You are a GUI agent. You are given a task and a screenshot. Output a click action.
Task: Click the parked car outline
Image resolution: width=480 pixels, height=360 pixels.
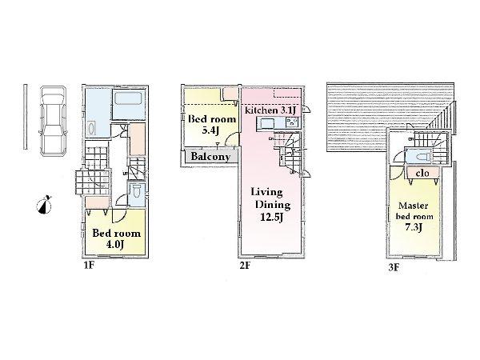(x=51, y=121)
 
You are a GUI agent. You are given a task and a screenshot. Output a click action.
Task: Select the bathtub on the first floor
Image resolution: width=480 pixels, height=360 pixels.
(x=130, y=104)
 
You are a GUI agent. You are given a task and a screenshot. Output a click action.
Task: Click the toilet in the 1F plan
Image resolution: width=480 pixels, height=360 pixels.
(x=138, y=192)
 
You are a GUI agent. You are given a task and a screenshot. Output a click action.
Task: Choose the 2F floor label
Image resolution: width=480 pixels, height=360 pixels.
(x=244, y=266)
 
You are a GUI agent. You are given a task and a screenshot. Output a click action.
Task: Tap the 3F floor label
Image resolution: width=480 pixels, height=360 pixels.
(x=394, y=266)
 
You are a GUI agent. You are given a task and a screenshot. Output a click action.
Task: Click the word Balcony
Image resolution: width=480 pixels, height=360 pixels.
(x=211, y=157)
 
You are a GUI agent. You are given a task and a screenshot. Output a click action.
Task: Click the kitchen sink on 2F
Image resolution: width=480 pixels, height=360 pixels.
(x=267, y=124)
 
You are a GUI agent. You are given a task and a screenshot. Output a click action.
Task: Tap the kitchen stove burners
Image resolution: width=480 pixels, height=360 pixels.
(x=291, y=123)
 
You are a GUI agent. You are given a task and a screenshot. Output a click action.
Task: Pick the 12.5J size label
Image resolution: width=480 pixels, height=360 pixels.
(x=273, y=218)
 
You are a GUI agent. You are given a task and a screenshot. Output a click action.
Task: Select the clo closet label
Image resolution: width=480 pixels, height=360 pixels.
(x=420, y=172)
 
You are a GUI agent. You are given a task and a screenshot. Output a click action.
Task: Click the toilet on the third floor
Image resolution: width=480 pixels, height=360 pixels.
(x=420, y=155)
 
